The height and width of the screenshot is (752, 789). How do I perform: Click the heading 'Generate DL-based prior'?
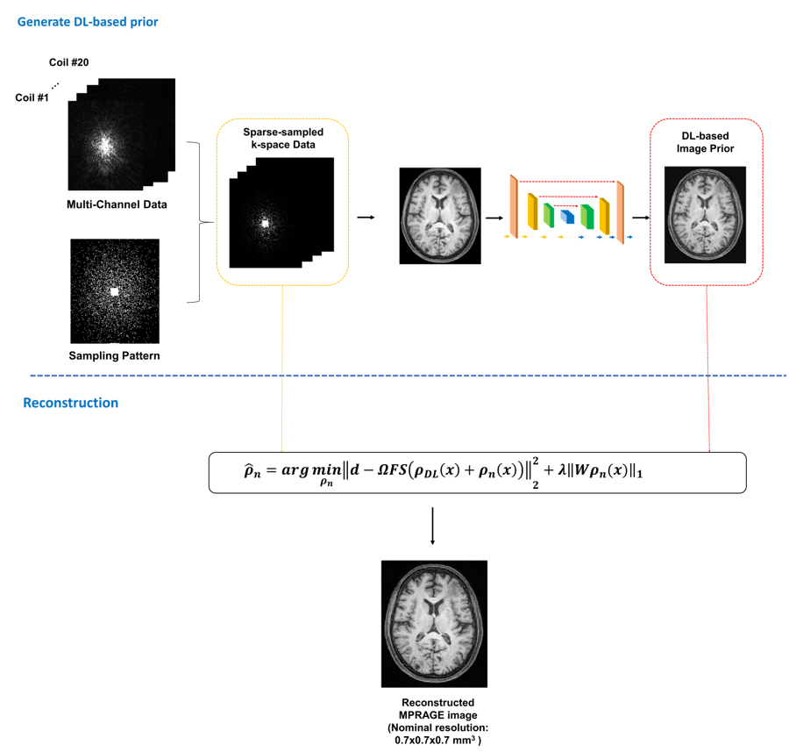click(88, 21)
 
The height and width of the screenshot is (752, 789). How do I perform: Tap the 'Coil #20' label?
click(68, 62)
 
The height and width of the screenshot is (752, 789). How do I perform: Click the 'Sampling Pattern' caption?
click(114, 356)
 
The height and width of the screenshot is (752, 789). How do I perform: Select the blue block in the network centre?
click(567, 216)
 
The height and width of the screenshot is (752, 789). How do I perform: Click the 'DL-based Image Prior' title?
click(706, 142)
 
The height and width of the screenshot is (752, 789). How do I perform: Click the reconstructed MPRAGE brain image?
click(434, 623)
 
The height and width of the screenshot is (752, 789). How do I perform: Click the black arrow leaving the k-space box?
click(366, 216)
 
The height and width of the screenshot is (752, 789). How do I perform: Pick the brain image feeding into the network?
click(439, 216)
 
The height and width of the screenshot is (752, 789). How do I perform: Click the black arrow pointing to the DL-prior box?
click(641, 216)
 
